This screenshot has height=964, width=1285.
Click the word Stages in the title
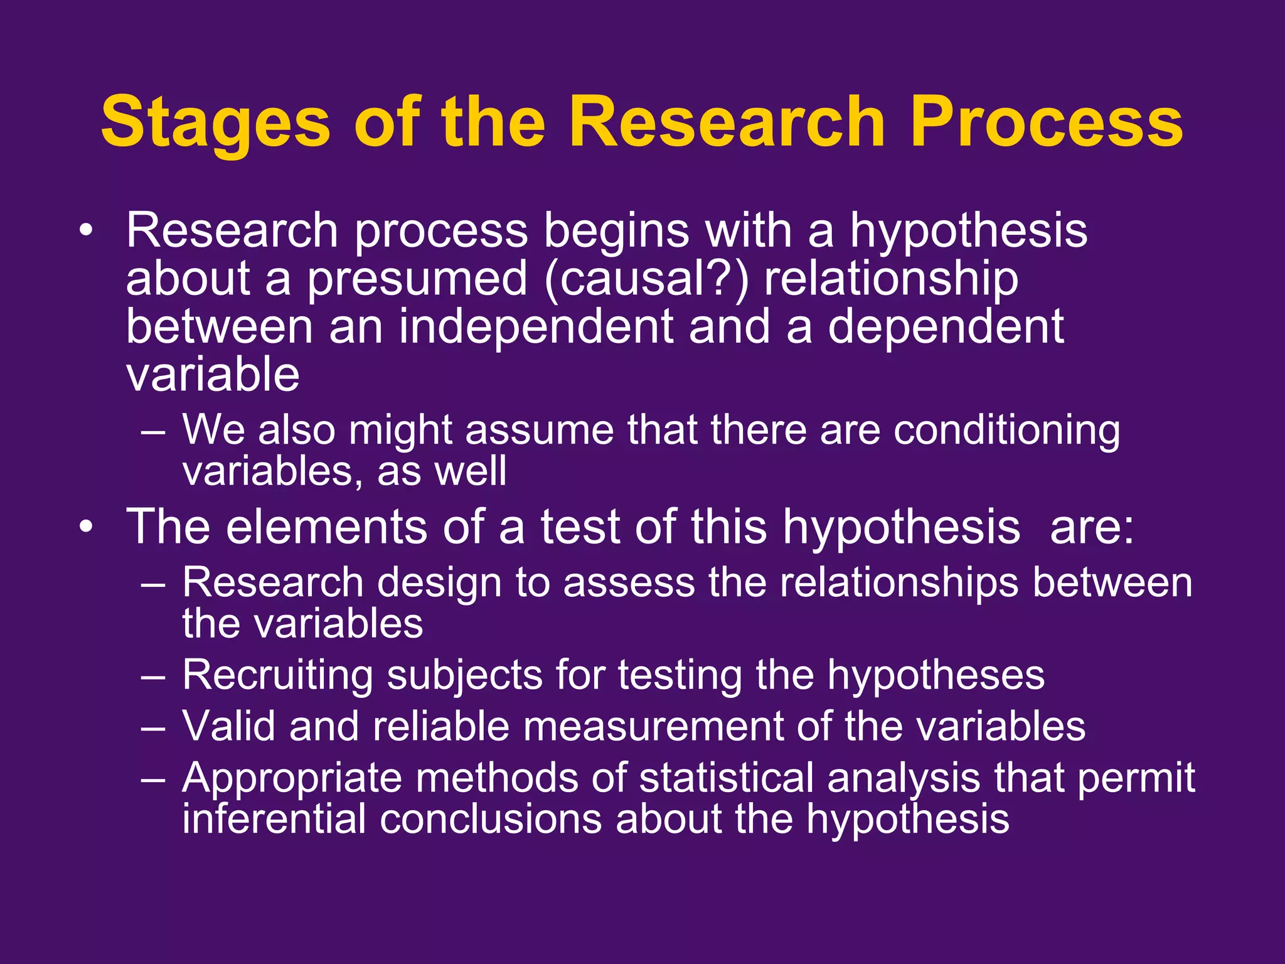pos(215,123)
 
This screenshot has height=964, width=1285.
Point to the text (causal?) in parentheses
pos(646,279)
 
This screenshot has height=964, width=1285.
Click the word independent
pos(536,328)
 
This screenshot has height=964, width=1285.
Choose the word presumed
pos(417,280)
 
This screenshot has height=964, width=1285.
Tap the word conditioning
pos(1006,432)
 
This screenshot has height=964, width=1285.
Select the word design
pos(439,582)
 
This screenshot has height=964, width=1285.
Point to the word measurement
pos(653,727)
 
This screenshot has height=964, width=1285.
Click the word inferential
pos(274,819)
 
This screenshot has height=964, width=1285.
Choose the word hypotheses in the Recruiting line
pos(936,677)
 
